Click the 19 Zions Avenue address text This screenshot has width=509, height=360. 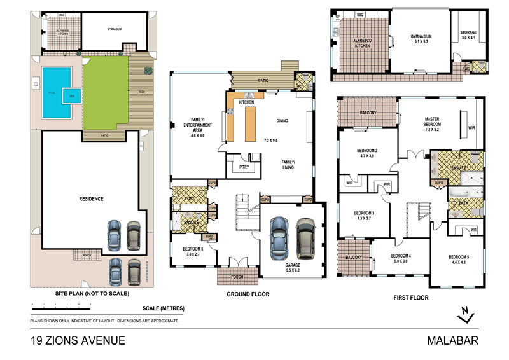coord(78,341)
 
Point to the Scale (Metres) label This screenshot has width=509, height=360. coord(164,308)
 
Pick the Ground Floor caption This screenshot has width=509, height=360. coord(248,294)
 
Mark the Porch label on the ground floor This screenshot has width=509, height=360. coord(236,276)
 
